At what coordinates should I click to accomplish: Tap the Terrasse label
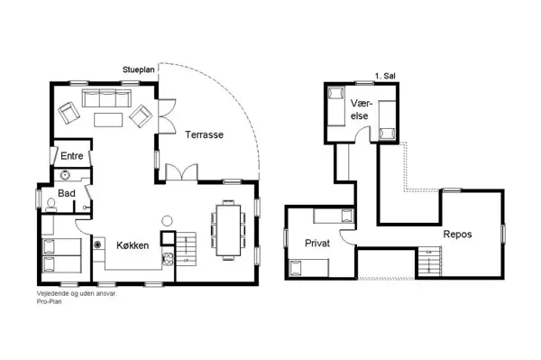pos(205,134)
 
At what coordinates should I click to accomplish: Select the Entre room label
pos(71,156)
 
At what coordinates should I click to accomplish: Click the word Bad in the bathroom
pos(67,193)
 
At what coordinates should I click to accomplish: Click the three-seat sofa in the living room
pos(108,98)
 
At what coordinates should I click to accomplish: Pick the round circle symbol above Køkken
pos(166,220)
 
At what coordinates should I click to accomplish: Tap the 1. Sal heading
pos(383,76)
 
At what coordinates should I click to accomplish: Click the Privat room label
pos(317,244)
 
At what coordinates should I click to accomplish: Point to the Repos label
pos(457,234)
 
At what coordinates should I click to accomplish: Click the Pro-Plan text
pos(53,302)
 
